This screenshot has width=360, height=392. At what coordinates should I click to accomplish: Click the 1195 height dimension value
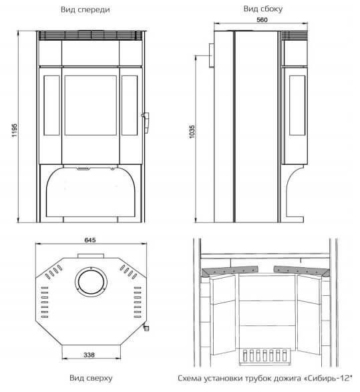15,130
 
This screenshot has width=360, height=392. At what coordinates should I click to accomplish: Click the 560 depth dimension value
262,20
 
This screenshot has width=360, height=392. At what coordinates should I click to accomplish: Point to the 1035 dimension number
192,132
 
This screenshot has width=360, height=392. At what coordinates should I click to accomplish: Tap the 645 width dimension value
90,240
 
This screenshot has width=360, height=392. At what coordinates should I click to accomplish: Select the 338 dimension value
89,355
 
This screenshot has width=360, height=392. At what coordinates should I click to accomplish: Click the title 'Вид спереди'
85,10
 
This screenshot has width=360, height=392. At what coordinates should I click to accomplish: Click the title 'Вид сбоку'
263,9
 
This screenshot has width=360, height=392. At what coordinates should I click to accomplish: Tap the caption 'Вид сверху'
91,378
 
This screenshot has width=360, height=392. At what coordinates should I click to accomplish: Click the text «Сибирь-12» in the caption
328,378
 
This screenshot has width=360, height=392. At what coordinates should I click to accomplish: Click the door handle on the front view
146,122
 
